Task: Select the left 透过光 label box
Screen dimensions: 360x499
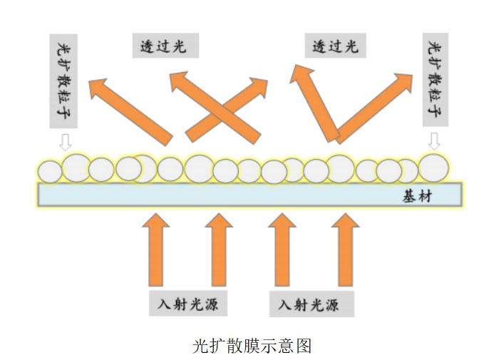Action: pos(165,46)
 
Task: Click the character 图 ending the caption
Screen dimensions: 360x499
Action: pos(304,345)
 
